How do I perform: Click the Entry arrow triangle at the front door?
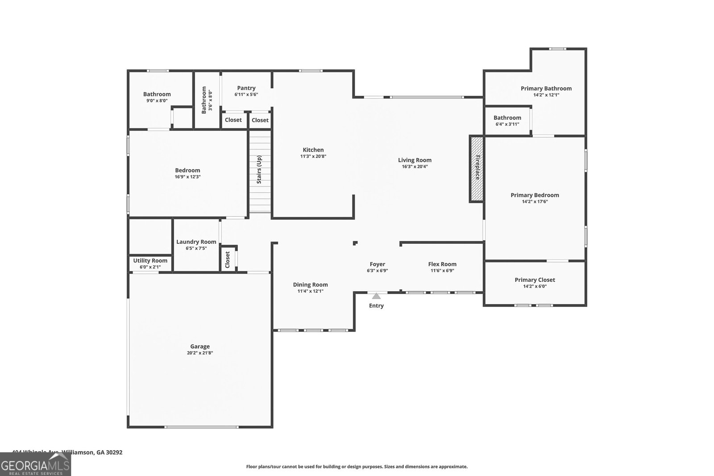click(x=376, y=296)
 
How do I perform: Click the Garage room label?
click(x=200, y=347)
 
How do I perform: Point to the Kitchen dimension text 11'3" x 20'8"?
click(x=313, y=157)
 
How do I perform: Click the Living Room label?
click(x=415, y=160)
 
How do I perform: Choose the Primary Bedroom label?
click(x=535, y=195)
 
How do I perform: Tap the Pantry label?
click(x=246, y=88)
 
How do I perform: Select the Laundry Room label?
click(x=196, y=242)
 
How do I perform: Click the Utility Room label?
click(x=150, y=261)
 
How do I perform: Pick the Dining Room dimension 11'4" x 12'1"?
click(x=310, y=291)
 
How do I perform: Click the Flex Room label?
click(x=442, y=264)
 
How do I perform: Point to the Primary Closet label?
click(x=535, y=280)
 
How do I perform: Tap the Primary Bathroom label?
click(x=546, y=88)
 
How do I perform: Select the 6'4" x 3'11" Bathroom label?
click(x=507, y=118)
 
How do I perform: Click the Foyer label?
click(x=377, y=264)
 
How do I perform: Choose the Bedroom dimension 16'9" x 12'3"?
click(x=187, y=177)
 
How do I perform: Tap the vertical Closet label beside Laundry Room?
click(x=228, y=259)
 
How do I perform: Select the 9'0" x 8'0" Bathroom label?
click(x=157, y=94)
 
